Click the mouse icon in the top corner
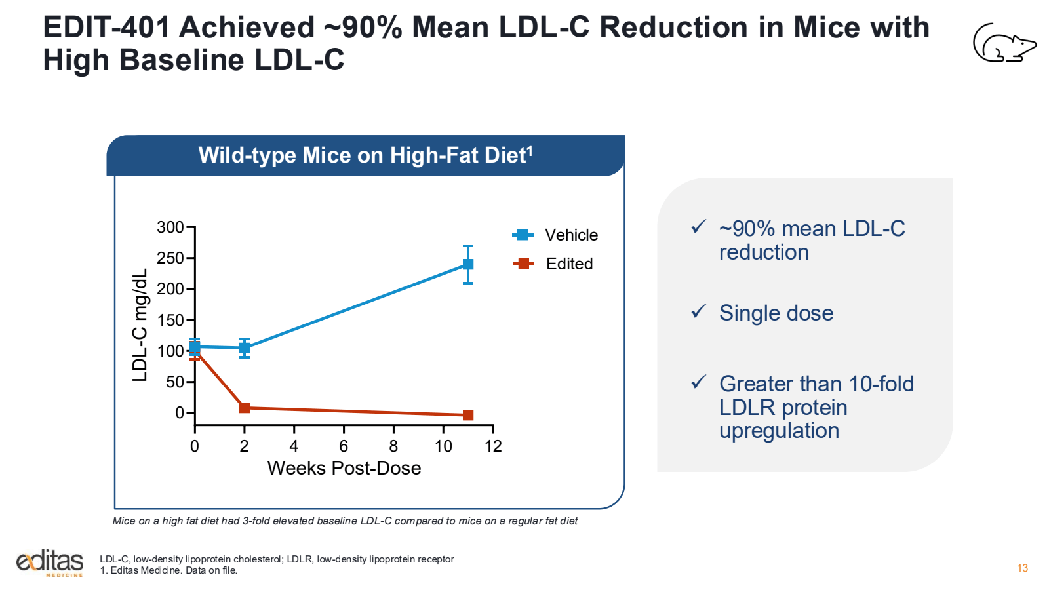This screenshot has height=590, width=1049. [1004, 43]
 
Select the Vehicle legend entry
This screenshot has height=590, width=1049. [555, 235]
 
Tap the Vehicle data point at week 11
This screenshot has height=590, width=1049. [468, 264]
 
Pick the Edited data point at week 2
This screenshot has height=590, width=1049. [245, 408]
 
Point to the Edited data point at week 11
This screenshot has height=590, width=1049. [468, 415]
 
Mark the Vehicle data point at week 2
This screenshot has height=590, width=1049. [245, 348]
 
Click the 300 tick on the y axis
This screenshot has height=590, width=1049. [170, 227]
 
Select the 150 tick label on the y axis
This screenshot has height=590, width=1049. [170, 320]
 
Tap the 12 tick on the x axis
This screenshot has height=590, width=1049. [493, 446]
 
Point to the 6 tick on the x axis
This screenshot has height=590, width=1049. [344, 446]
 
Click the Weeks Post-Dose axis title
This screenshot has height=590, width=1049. [344, 468]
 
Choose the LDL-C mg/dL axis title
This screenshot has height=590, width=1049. [140, 325]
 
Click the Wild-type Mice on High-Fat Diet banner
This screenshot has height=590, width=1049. [365, 155]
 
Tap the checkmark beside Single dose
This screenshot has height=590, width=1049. [699, 311]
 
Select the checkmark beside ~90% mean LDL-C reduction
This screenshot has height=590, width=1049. [699, 227]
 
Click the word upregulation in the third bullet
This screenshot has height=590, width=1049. [779, 431]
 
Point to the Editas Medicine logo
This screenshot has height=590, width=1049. [50, 562]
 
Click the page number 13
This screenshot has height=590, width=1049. [1022, 568]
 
